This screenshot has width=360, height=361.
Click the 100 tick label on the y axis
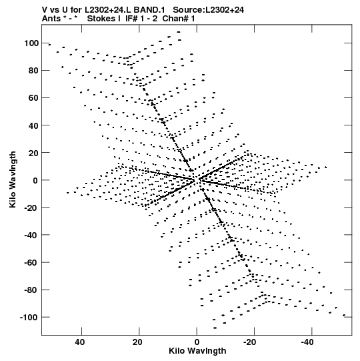31,43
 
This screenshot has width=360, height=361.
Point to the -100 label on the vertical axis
29,317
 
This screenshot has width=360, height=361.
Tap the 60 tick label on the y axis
33,98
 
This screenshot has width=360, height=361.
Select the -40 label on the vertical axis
31,235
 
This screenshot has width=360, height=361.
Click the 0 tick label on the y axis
35,180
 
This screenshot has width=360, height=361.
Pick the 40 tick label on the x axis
80,342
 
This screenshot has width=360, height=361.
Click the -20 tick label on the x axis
250,342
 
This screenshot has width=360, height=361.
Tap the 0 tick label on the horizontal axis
197,342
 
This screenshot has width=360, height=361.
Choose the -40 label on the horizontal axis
307,342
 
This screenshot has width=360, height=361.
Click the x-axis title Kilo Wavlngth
197,351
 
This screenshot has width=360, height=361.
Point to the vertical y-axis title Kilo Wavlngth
13,179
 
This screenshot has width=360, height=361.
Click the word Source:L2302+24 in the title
209,10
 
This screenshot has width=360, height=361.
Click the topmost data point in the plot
179,32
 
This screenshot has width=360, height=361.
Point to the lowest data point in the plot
215,328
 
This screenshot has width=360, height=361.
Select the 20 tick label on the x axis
137,342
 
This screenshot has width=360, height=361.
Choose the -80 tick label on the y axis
31,290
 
